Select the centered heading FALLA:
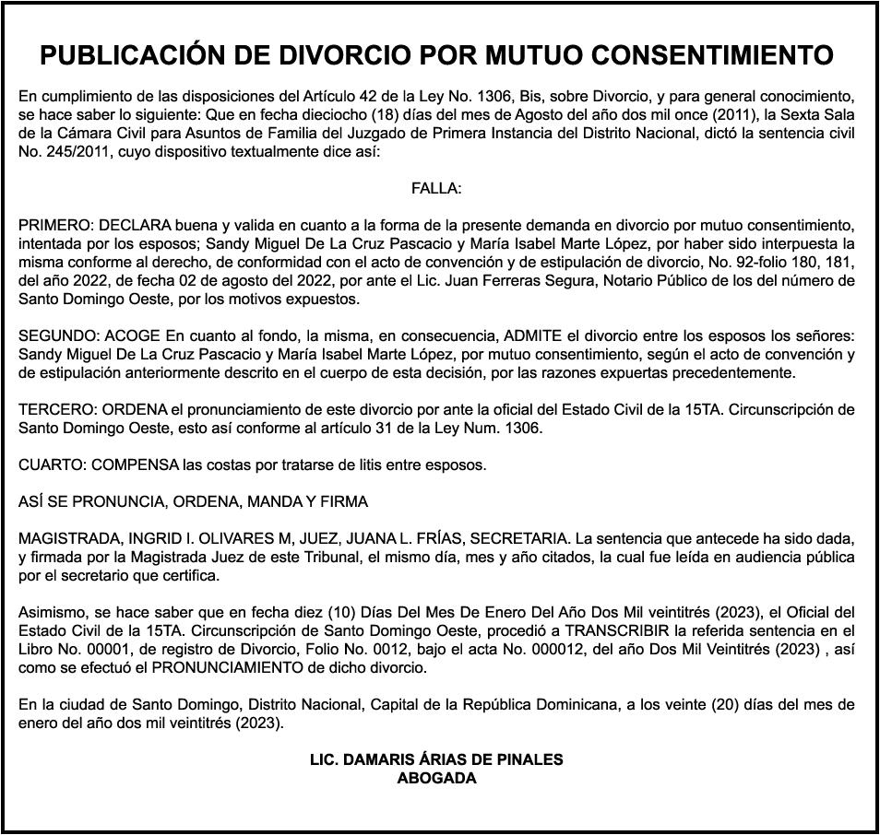(436, 189)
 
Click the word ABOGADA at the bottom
(436, 778)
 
